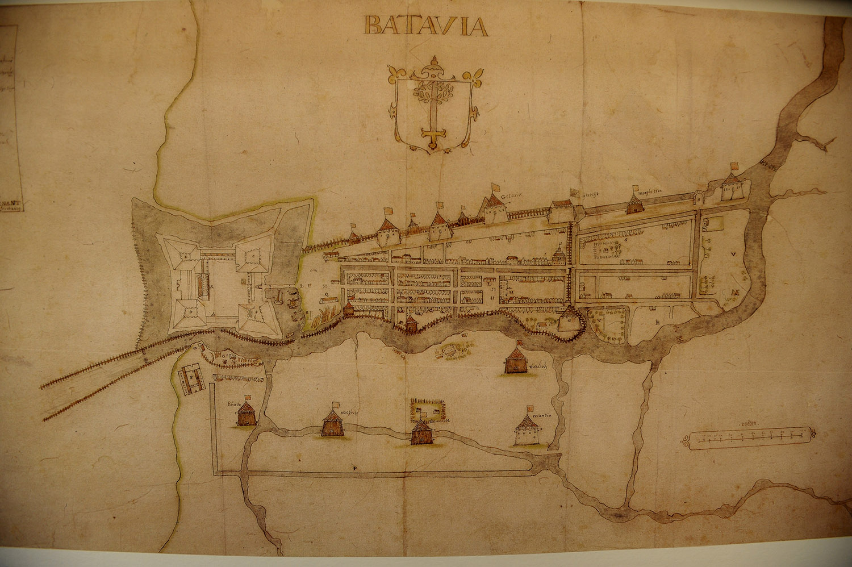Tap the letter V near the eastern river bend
[x=733, y=255]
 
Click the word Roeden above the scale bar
[x=750, y=424]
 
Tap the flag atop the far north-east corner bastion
[x=733, y=166]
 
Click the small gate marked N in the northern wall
[x=698, y=199]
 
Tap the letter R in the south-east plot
[x=657, y=322]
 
